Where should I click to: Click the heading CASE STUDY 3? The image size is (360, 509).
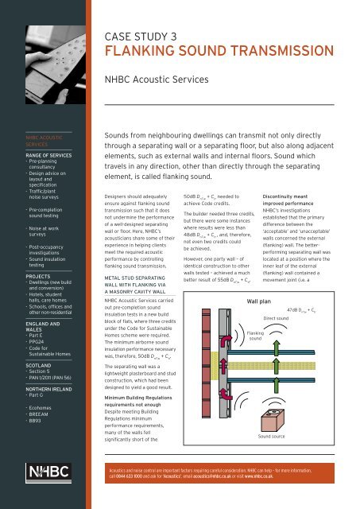click(144, 36)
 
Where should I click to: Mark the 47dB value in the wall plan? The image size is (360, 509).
click(318, 309)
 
